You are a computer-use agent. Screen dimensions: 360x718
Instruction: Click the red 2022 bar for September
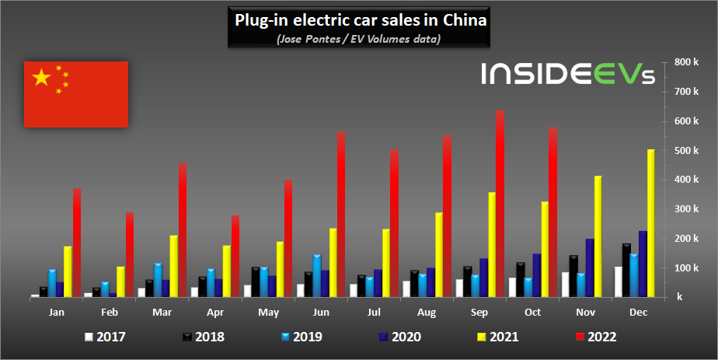point(500,204)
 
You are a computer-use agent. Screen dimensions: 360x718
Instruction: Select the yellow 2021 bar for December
point(651,223)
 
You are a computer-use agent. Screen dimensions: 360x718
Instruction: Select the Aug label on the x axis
point(427,312)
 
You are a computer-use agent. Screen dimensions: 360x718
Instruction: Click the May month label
point(269,312)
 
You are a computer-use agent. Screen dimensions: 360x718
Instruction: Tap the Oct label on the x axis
point(534,312)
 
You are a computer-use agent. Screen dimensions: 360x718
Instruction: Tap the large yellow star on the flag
point(41,77)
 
